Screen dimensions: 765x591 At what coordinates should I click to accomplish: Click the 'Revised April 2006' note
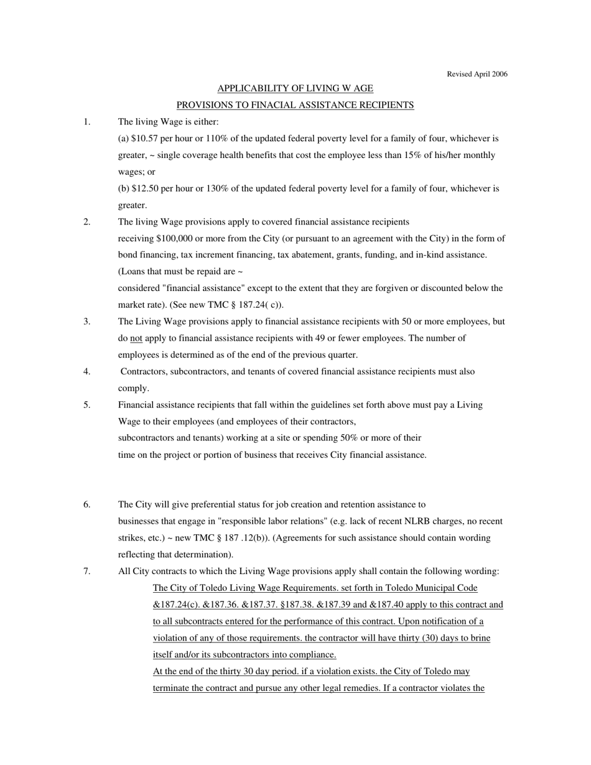click(477, 74)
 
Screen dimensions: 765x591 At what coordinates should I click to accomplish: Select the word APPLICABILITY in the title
click(247, 88)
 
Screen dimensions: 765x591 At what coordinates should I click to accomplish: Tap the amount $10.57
click(144, 138)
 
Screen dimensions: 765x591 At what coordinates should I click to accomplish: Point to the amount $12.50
click(144, 188)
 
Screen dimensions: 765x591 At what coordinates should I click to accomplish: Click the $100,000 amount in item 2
click(177, 238)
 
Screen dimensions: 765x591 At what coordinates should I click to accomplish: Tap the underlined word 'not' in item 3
click(136, 338)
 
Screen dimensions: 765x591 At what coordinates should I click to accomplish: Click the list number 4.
click(87, 371)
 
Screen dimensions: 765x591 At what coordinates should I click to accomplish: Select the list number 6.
click(87, 504)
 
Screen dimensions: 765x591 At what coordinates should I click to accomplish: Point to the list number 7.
click(87, 571)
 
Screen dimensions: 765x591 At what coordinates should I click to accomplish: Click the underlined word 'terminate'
click(172, 688)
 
